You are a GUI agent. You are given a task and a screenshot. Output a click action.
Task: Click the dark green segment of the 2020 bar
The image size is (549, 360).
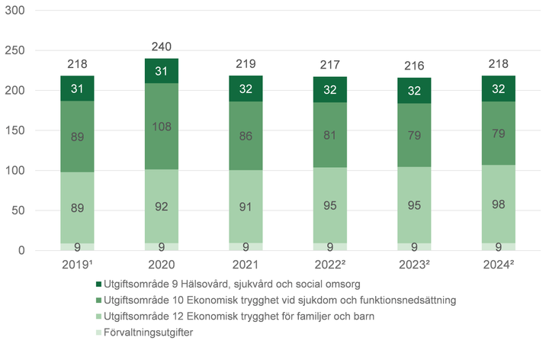161,71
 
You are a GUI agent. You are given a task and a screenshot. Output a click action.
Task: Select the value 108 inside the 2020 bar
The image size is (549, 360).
161,127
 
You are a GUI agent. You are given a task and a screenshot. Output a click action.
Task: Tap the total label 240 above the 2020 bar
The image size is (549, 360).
161,46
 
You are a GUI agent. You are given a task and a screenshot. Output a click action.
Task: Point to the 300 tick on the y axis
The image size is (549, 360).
16,11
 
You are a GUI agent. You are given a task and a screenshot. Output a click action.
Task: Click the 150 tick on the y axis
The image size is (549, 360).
16,130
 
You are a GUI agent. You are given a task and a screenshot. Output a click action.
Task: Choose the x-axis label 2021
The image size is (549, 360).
245,265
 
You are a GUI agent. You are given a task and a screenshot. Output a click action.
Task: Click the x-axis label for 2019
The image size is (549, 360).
78,265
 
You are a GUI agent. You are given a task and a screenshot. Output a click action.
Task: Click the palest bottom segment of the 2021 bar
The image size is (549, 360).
245,246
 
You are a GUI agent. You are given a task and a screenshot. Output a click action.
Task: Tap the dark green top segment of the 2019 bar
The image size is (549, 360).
77,88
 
